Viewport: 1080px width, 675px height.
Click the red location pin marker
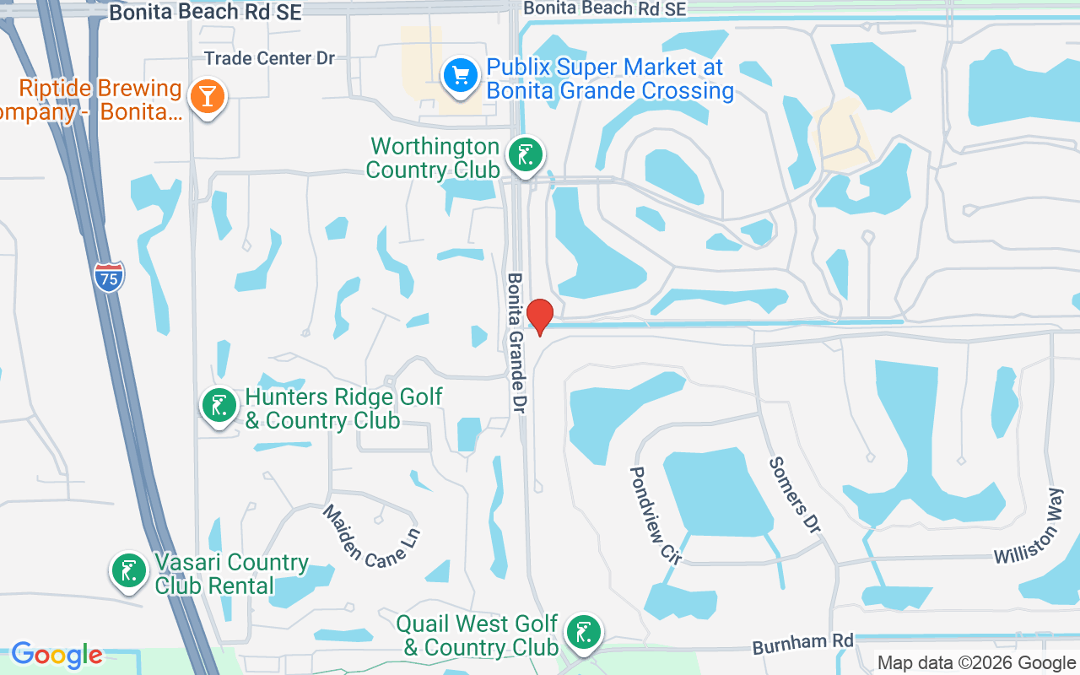(539, 316)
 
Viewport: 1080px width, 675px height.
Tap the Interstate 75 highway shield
(109, 278)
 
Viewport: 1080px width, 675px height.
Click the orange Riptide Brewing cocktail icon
(207, 96)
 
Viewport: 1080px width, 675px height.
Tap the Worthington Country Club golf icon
(526, 155)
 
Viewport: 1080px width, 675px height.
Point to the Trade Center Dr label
(270, 58)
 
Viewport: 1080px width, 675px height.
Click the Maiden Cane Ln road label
(371, 536)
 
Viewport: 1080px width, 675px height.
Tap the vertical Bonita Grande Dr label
(516, 342)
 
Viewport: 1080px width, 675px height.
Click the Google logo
(57, 655)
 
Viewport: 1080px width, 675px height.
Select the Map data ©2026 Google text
(976, 663)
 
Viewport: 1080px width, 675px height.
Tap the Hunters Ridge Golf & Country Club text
(343, 408)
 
